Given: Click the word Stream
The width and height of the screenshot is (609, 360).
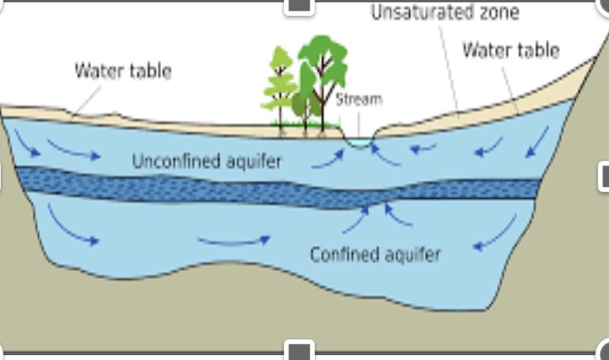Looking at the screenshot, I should pos(358,99).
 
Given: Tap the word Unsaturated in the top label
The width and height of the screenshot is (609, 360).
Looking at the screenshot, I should pos(409,13).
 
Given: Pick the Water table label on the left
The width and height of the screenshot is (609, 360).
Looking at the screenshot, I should pos(123,71).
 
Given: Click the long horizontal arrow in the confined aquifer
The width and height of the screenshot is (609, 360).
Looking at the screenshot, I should pos(233,239).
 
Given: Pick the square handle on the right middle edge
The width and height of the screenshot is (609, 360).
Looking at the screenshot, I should pos(604,176).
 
